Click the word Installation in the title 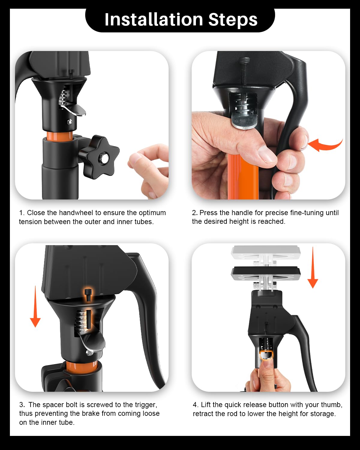pos(154,19)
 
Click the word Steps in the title pos(233,20)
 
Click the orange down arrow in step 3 pos(35,306)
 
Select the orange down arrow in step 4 pos(313,267)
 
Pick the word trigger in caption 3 pos(145,405)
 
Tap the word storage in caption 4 pos(323,414)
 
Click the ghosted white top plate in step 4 pos(266,253)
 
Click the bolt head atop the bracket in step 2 pos(244,60)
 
